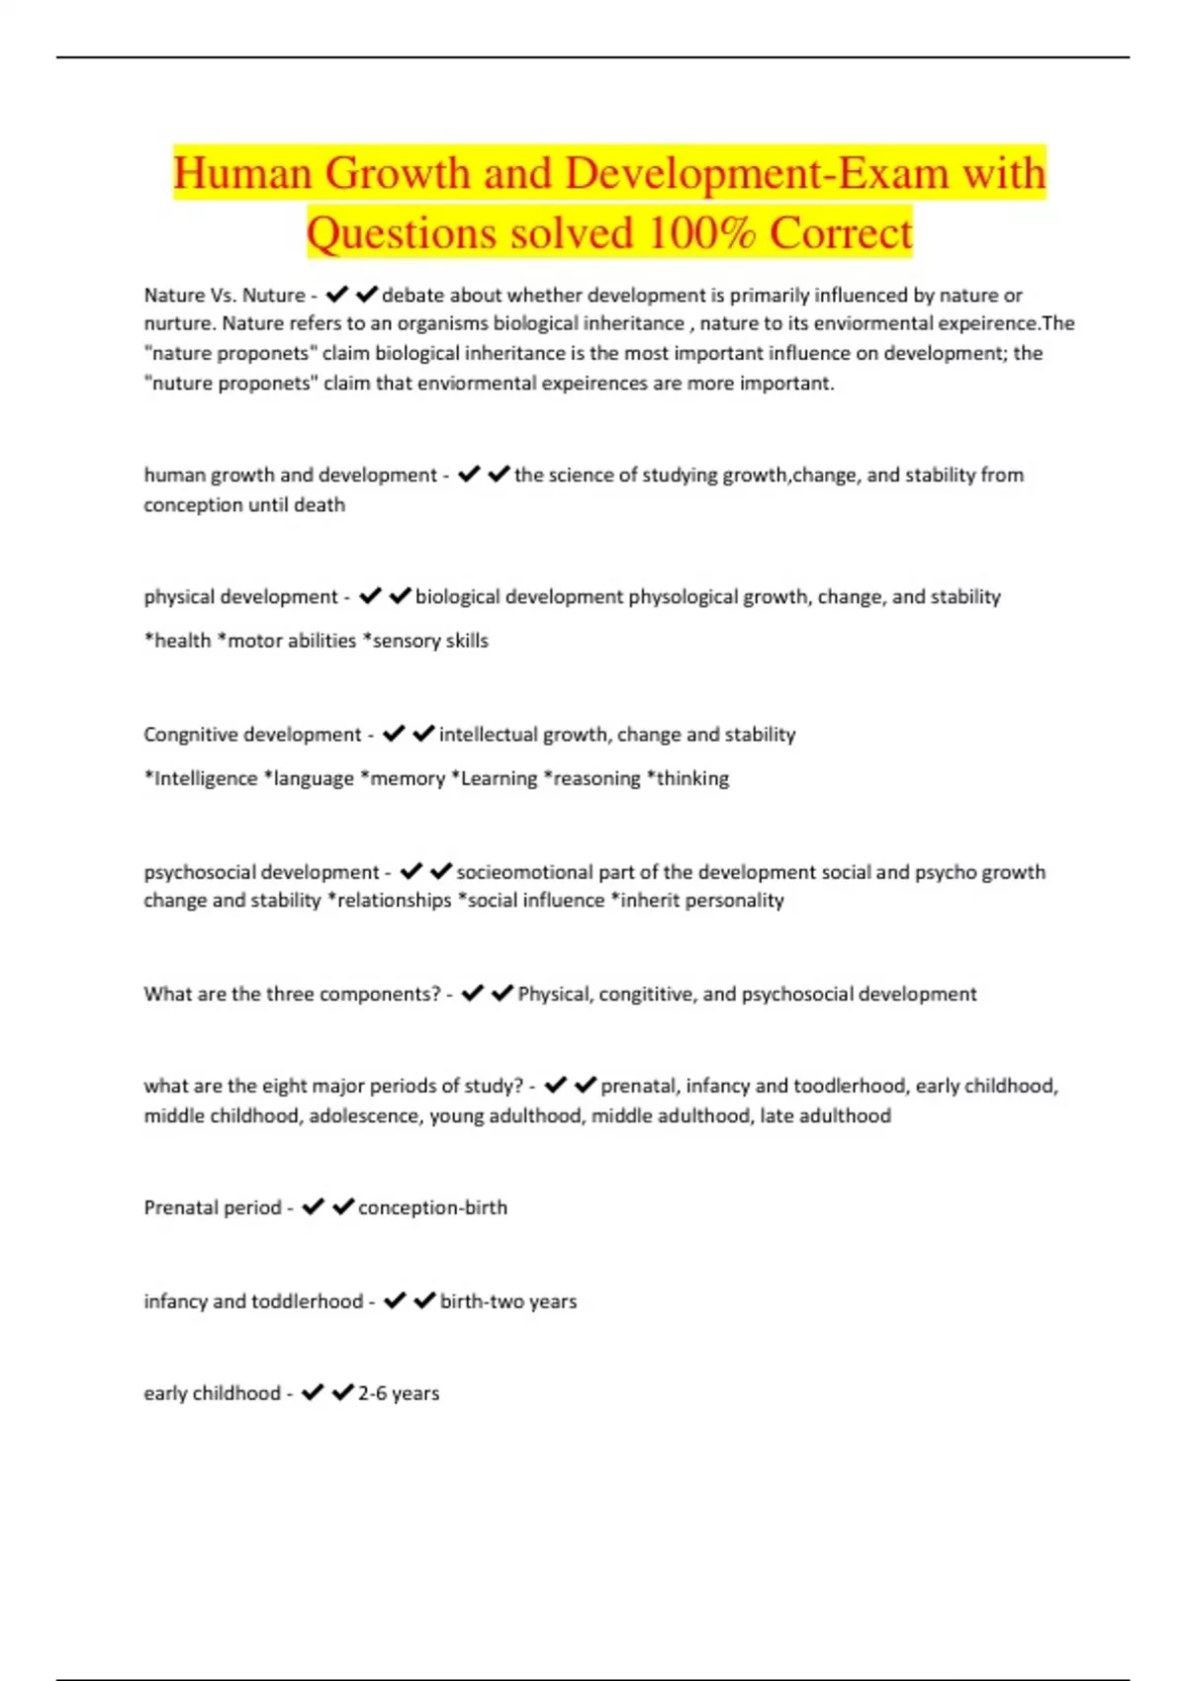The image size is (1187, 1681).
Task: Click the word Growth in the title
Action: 398,174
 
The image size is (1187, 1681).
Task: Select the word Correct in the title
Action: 841,233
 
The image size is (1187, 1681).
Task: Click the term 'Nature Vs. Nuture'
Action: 225,295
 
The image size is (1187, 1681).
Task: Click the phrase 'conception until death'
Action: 244,504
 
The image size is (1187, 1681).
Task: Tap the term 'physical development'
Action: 240,596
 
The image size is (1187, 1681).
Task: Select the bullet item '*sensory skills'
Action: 425,640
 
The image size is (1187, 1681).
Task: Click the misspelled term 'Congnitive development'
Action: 252,734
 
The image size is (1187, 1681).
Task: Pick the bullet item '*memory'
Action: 403,778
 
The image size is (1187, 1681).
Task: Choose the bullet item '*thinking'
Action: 687,778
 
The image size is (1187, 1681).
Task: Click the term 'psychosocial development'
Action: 261,872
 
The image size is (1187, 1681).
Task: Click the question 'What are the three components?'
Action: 292,994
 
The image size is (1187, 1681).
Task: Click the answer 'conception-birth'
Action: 432,1207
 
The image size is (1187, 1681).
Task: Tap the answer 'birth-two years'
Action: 508,1301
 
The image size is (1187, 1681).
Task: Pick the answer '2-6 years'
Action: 399,1393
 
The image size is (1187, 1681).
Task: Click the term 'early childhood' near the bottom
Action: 212,1393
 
